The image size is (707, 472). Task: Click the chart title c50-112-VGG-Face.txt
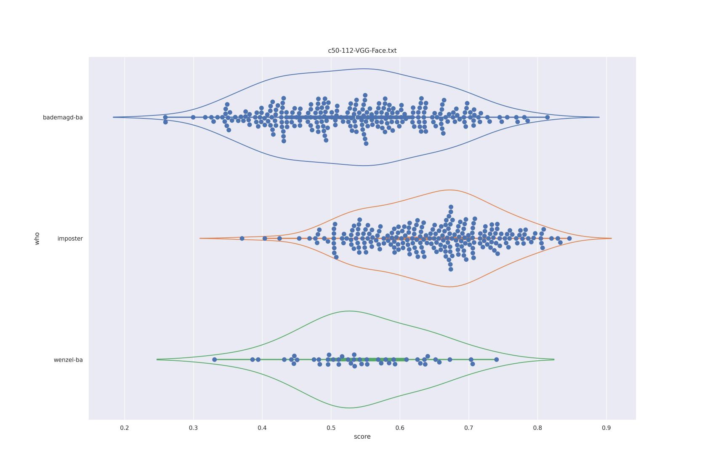[x=362, y=51]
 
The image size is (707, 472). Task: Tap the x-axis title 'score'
[x=362, y=437]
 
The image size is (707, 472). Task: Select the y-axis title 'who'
[x=37, y=238]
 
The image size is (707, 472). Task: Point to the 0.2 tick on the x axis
[x=125, y=428]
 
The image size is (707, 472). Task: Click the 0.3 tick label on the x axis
[x=193, y=428]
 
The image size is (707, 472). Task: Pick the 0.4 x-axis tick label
[x=262, y=428]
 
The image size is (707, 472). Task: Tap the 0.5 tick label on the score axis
[x=331, y=428]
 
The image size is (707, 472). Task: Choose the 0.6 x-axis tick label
[x=400, y=428]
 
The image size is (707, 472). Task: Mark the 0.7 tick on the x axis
[x=469, y=428]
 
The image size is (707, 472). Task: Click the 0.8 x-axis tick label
[x=537, y=428]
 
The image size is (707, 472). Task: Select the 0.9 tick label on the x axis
[x=606, y=428]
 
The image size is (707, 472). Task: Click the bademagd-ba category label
[x=63, y=118]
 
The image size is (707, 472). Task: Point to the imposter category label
[x=70, y=239]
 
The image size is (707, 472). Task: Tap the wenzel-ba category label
[x=68, y=360]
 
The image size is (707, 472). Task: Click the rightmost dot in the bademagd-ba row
[x=547, y=117]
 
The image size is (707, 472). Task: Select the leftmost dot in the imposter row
[x=242, y=239]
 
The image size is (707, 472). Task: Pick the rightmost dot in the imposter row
[x=569, y=239]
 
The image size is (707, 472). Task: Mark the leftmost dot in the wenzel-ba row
[x=214, y=359]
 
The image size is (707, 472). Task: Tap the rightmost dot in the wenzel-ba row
[x=497, y=359]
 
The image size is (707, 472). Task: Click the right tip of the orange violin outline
[x=611, y=239]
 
